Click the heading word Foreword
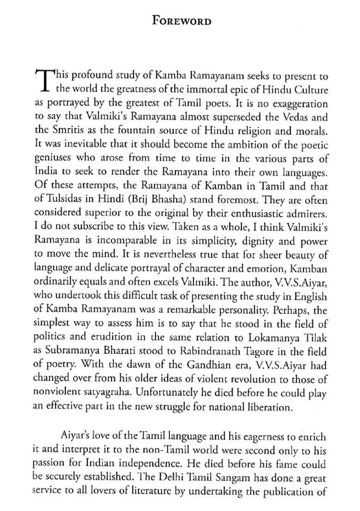pos(182,21)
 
